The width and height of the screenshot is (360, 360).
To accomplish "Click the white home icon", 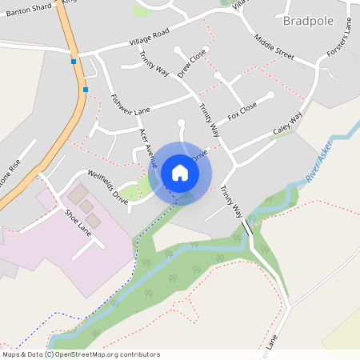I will coord(180,172).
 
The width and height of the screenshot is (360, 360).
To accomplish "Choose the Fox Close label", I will coord(242,110).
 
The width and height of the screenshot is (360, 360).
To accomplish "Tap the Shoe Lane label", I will coord(78,220).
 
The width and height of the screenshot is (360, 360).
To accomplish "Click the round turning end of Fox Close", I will coord(271,94).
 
